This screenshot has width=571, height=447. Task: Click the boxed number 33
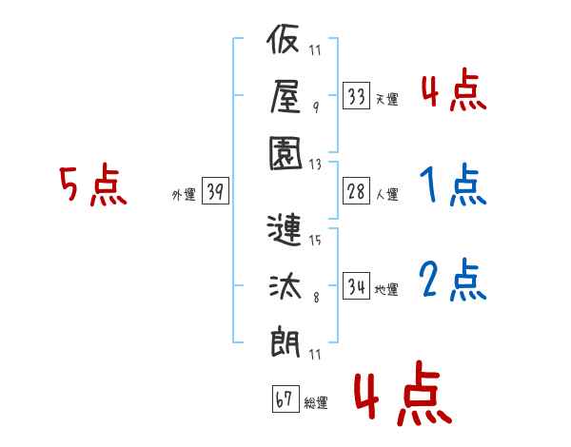pos(357,96)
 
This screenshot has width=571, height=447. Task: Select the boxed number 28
pos(357,190)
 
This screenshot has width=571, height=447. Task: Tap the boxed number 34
pos(357,285)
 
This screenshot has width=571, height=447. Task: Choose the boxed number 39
pos(214,191)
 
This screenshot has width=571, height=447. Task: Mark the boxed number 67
pos(285,399)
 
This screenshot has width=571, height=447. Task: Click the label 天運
pos(387,99)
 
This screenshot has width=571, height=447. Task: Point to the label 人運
pos(387,194)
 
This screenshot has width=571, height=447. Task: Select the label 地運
pos(387,289)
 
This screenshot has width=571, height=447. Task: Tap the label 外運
pos(184,194)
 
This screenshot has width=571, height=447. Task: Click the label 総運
pos(316,403)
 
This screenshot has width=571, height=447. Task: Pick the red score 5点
pos(92,186)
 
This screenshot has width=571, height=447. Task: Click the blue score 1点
pos(453,186)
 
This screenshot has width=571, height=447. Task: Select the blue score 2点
pos(453,280)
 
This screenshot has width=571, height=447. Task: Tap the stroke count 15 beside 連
pos(315,240)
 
